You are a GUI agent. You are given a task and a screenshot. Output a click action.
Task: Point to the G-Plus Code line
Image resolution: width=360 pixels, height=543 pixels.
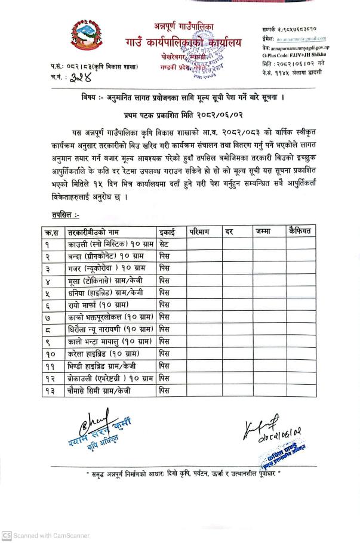click(295, 54)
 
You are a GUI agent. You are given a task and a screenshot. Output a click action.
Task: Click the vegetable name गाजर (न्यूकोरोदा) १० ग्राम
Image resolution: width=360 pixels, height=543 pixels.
click(104, 269)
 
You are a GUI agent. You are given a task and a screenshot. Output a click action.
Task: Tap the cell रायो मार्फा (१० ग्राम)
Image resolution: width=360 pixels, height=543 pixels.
click(96, 305)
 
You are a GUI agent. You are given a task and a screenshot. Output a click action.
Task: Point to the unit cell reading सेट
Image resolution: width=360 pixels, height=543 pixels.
click(165, 244)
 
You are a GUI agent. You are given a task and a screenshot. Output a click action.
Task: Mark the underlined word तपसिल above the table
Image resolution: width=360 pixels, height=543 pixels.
click(65, 214)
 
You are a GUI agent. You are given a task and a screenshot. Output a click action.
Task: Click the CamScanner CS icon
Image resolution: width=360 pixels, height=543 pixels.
click(7, 535)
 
